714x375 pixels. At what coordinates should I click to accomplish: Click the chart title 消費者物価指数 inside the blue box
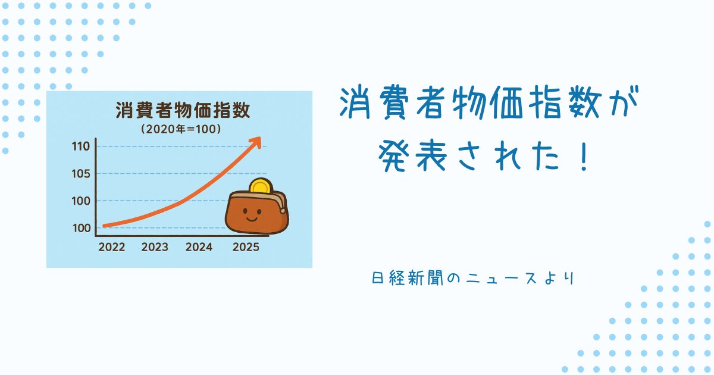183,110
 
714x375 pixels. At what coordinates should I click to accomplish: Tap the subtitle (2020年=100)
181,129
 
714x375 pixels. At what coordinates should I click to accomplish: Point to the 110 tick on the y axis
81,146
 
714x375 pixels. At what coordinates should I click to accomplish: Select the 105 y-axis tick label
81,174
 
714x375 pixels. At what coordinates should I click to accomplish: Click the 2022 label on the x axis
112,247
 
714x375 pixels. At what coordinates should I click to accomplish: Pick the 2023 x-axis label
155,247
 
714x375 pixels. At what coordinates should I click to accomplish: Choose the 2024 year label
199,247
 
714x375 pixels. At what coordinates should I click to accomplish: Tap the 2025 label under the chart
246,247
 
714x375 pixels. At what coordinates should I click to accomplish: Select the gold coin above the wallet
261,186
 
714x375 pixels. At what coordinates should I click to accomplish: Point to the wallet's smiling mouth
252,219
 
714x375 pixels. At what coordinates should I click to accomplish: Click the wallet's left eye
245,211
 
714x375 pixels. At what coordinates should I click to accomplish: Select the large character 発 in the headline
393,156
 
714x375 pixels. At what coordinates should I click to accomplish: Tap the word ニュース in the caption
502,279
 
